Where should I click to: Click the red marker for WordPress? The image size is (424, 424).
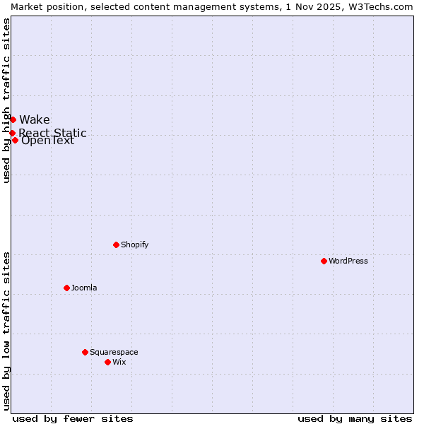coord(324,261)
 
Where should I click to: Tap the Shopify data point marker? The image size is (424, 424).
coord(116,245)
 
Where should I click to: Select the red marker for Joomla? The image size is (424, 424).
coord(66,288)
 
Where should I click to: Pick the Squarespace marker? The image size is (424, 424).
coord(85,352)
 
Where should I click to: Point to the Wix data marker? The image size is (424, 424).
coord(107,362)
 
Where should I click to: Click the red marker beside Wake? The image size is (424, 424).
coord(13,119)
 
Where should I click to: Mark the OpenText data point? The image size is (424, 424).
coord(15,140)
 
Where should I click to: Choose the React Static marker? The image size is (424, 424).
coord(12,133)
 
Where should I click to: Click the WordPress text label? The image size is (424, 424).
coord(348,261)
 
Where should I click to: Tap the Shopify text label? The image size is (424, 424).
coord(134,245)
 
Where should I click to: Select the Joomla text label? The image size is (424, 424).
coord(84,288)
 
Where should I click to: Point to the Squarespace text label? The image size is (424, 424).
coord(114,352)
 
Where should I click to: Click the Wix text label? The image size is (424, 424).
coord(119,362)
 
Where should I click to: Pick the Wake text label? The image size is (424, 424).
coord(35,119)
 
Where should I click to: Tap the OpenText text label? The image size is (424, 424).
coord(47,140)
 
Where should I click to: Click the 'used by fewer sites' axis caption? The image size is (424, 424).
coord(73,418)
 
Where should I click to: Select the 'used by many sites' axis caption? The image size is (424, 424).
coord(355,418)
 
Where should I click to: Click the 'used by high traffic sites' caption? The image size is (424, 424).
coord(6,100)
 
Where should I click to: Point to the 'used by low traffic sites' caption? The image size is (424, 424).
coord(6,331)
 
